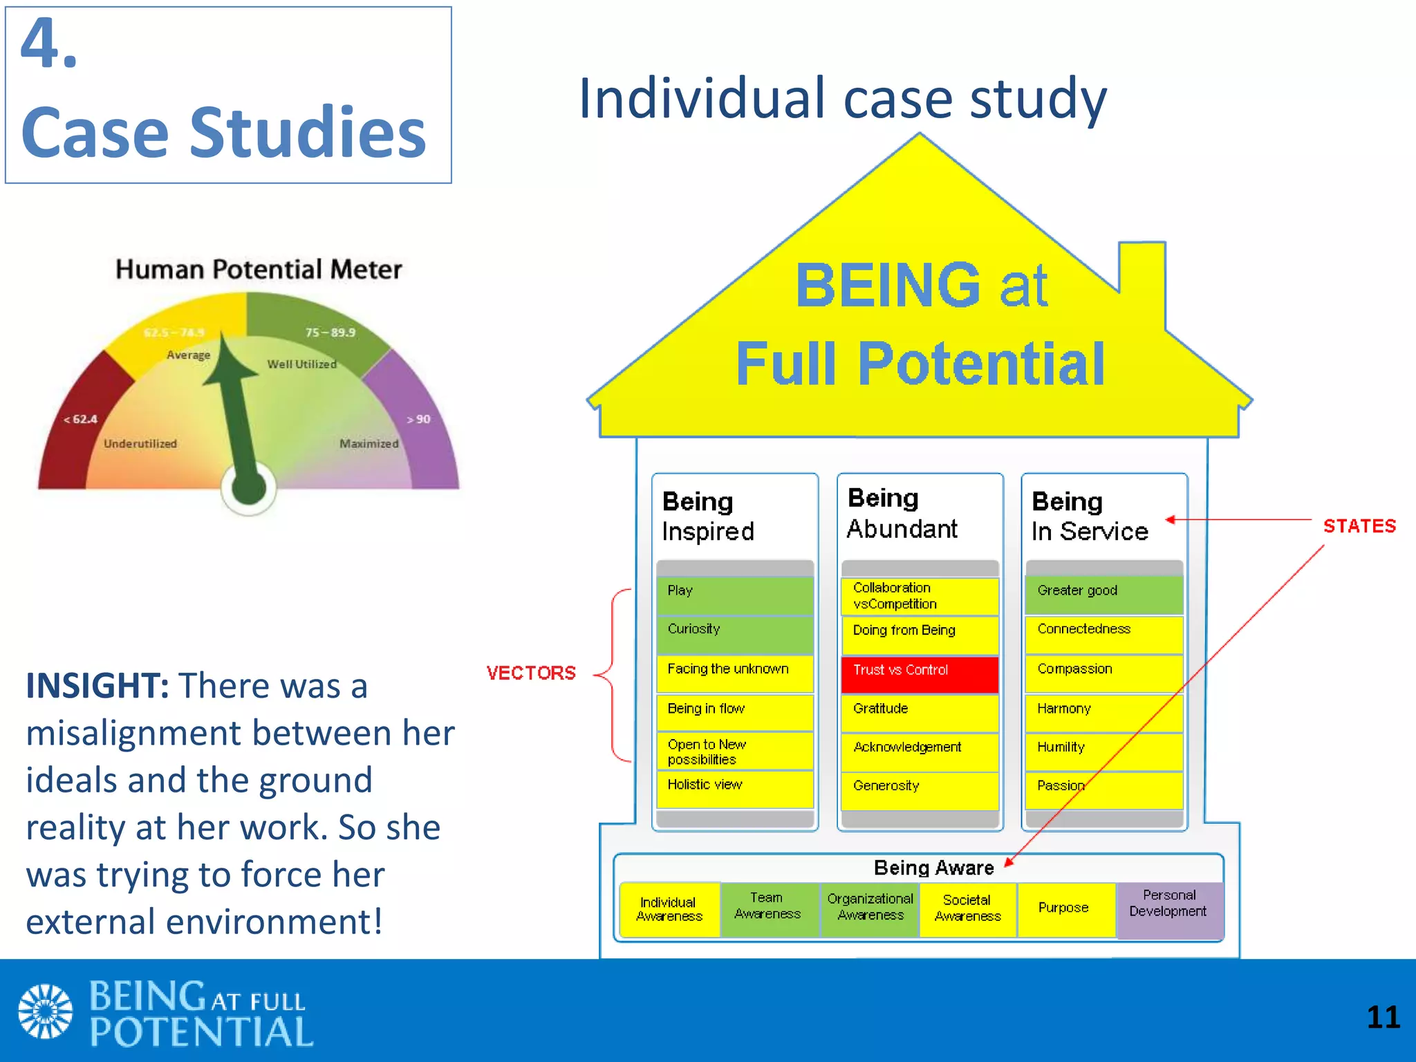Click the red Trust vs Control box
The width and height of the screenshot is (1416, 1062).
920,673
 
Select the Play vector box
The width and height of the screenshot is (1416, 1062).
735,595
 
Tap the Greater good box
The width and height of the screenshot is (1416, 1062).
1104,595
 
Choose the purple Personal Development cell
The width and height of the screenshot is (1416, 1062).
1169,909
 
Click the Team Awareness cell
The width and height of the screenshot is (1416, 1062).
768,909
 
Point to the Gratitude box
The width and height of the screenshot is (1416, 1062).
920,712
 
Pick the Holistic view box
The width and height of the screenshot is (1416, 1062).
735,788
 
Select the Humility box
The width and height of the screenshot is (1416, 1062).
1104,750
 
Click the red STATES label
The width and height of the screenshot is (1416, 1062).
1359,526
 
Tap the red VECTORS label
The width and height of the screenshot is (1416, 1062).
530,673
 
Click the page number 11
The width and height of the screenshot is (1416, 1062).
1383,1017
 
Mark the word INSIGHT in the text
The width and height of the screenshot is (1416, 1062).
97,686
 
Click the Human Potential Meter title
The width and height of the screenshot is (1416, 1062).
259,270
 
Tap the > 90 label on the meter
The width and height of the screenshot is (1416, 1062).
418,419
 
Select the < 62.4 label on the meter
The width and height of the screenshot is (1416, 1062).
80,419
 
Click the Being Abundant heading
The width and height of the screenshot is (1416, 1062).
902,513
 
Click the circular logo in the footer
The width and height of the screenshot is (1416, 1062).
45,1011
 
